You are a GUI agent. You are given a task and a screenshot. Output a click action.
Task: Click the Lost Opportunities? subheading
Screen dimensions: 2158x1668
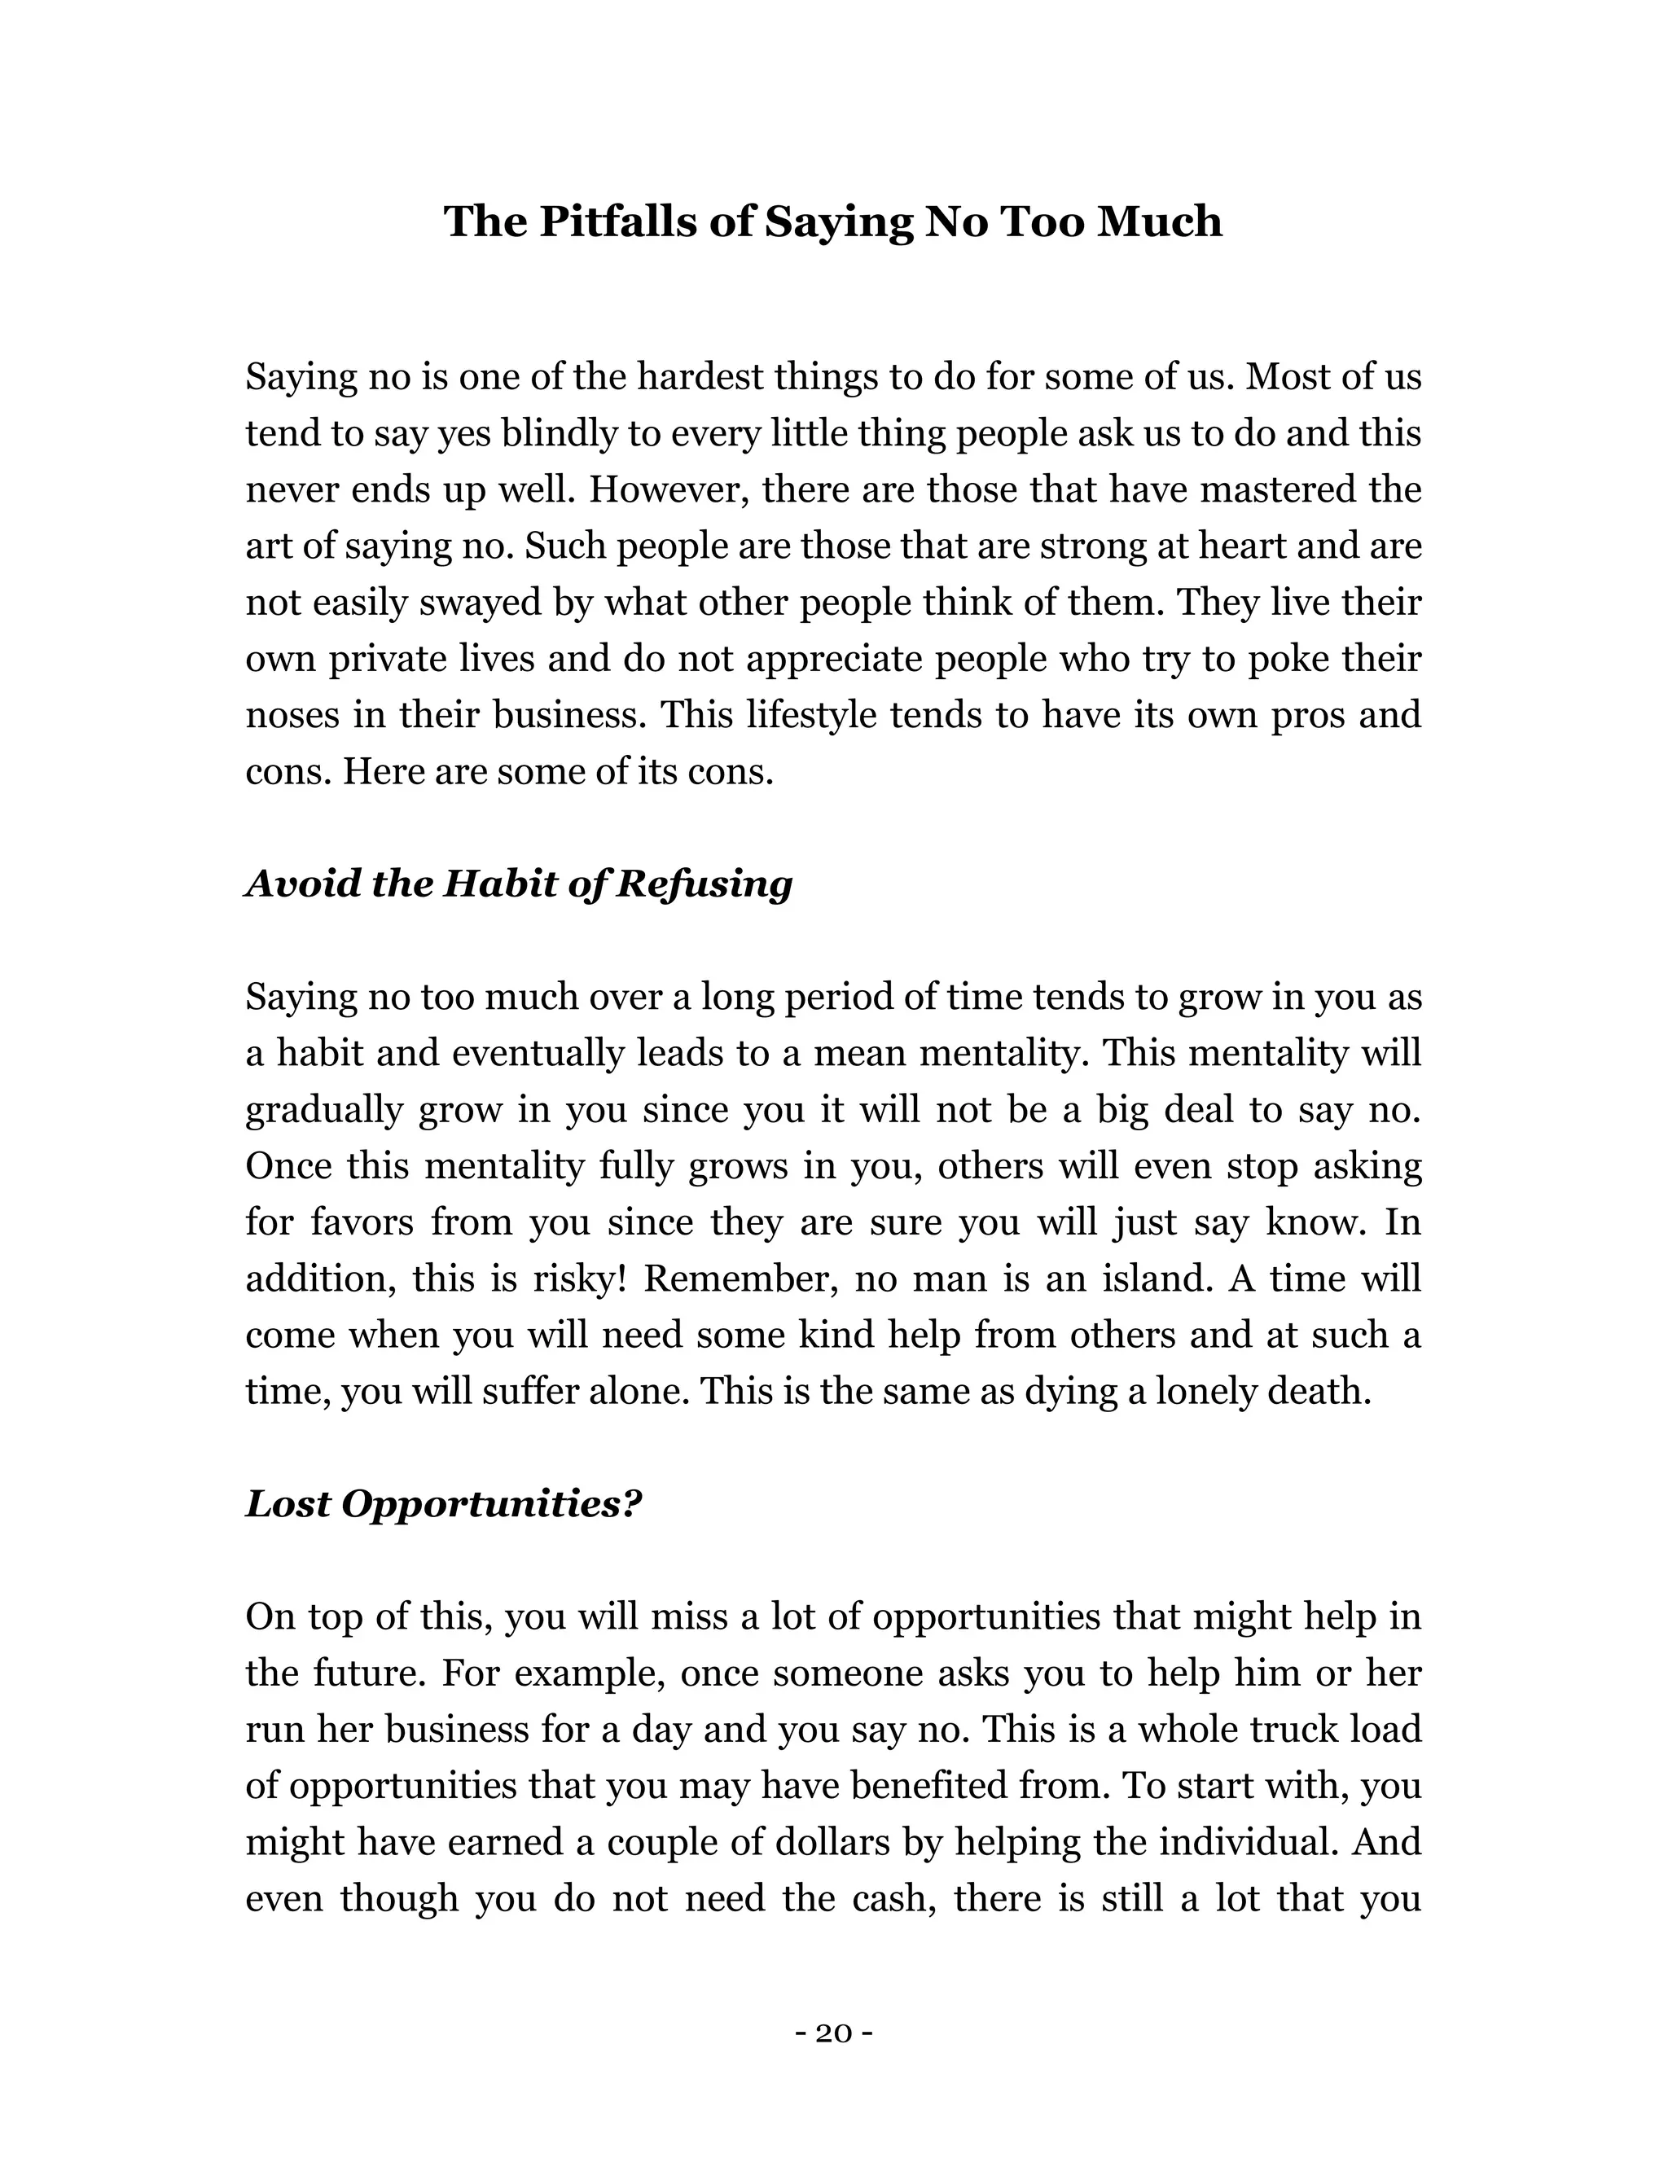(x=443, y=1504)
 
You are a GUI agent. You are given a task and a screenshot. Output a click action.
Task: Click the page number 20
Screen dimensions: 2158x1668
(x=833, y=2033)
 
